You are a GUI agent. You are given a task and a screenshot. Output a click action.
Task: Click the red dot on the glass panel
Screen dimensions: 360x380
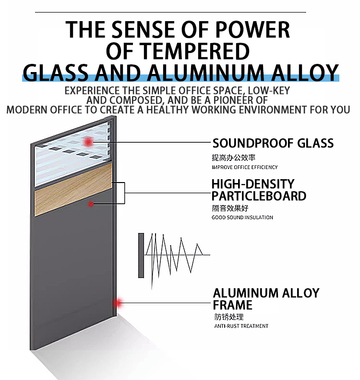coord(88,142)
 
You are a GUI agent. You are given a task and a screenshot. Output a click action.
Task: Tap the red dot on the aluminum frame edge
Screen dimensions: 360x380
coord(119,303)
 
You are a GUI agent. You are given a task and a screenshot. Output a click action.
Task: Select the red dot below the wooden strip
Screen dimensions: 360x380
coord(91,204)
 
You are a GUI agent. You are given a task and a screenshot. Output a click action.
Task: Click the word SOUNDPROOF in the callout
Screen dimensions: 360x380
coord(253,143)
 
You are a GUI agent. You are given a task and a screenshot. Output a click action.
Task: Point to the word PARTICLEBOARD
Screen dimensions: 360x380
coord(259,196)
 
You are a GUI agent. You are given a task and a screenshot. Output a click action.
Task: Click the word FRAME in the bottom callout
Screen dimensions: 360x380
coord(232,305)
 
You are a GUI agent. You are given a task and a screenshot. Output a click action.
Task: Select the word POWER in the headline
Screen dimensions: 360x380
coord(252,30)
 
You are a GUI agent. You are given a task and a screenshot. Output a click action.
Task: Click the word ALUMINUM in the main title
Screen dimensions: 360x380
coord(205,73)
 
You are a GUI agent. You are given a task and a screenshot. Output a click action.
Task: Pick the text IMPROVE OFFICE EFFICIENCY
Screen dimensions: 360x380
coord(244,167)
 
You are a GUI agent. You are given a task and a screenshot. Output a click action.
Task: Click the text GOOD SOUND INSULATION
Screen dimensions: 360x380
coord(242,218)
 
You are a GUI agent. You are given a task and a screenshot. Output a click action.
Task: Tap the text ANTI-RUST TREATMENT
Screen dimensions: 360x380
coord(241,326)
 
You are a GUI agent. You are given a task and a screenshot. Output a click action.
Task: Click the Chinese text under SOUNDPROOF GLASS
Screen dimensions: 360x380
coord(233,158)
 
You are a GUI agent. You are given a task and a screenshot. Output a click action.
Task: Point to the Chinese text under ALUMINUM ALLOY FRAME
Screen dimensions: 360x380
coord(229,317)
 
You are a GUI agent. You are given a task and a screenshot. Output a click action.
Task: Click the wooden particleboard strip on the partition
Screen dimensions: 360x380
coord(73,189)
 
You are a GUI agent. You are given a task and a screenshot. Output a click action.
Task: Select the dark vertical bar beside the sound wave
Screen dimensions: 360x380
coord(141,256)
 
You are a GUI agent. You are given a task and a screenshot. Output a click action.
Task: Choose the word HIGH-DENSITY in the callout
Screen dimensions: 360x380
coord(253,184)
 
